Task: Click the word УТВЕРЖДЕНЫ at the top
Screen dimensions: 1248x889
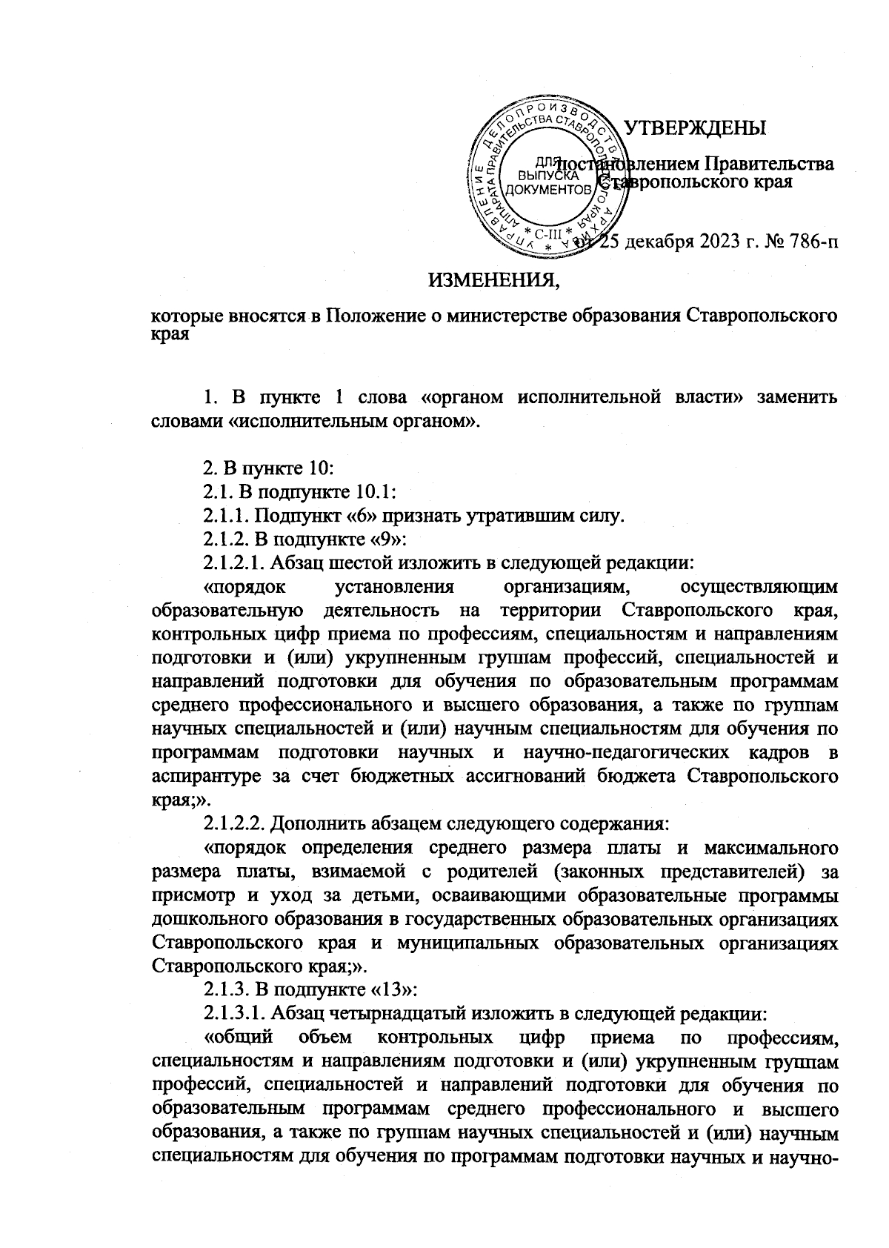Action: tap(696, 128)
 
